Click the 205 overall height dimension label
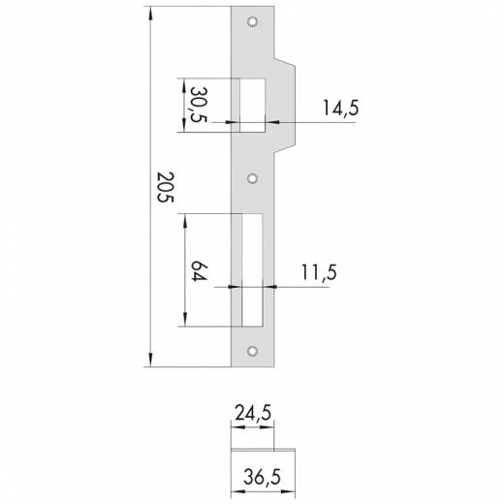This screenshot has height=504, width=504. [166, 187]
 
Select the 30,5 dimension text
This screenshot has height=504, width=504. [198, 105]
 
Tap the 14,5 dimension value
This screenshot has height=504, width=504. [340, 108]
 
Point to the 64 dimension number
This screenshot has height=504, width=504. [199, 270]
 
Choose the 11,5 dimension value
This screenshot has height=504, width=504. [319, 272]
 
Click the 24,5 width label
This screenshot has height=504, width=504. [253, 413]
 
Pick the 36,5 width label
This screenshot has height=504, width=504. [262, 477]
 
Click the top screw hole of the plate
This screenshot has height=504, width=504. [252, 21]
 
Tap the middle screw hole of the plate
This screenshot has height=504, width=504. [252, 178]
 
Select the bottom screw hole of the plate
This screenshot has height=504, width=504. [252, 351]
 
